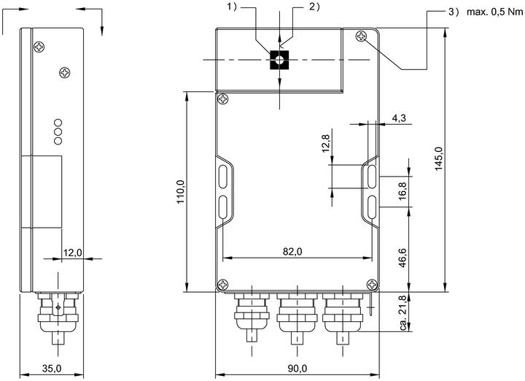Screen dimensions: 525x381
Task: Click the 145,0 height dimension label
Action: [439, 158]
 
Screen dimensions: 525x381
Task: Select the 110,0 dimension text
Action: [181, 192]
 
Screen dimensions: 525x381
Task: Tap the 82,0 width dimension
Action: [292, 251]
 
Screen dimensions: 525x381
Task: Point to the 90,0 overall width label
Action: [297, 369]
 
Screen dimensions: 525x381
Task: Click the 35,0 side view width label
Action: [52, 369]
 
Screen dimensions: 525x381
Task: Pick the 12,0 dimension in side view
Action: [73, 252]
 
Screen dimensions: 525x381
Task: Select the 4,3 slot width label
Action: [399, 118]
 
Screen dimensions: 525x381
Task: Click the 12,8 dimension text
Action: [326, 143]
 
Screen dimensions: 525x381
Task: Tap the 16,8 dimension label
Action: [402, 191]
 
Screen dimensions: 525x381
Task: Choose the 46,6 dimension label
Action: [402, 258]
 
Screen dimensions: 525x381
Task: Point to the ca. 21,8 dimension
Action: [403, 312]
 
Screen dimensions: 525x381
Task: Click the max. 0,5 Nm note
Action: [494, 12]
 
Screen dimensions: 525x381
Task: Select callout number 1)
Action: [232, 7]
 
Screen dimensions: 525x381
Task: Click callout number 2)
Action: [314, 7]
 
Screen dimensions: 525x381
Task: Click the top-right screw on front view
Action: [361, 36]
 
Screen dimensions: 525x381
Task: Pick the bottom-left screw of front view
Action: [223, 285]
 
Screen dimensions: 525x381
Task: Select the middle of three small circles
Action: [58, 131]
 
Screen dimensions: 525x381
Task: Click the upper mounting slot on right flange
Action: [372, 176]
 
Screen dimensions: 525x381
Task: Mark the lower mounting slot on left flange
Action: [223, 207]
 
